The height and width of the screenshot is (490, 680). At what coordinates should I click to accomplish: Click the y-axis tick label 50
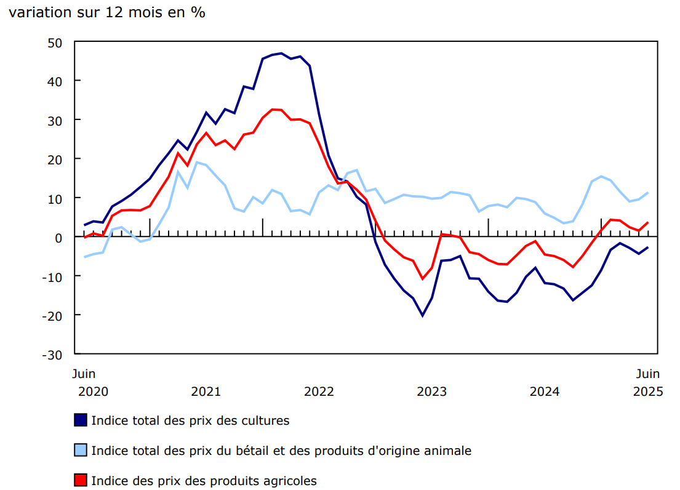pos(55,42)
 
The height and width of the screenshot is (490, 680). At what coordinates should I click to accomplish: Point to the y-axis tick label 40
pos(55,81)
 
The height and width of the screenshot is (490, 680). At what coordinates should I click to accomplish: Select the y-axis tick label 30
pos(55,120)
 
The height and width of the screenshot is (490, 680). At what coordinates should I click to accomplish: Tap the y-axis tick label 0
pos(59,237)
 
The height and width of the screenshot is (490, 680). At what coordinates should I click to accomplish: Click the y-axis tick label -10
pos(53,276)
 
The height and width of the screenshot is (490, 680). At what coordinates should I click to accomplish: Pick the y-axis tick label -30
pos(53,355)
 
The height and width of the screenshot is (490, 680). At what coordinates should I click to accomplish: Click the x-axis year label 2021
pos(206,392)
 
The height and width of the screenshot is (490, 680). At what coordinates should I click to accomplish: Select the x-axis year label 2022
pos(319,392)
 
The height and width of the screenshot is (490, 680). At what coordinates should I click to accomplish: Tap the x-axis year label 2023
pos(432,392)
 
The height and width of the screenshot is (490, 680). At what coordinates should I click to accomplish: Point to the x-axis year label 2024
pos(545,392)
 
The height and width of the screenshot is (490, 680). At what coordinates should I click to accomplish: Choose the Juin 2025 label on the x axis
pos(647,383)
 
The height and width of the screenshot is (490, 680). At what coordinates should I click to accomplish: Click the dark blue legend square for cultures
pos(80,420)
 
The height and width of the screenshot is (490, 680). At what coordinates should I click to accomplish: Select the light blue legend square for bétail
pos(80,451)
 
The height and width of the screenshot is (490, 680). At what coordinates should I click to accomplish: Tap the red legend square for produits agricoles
pos(80,480)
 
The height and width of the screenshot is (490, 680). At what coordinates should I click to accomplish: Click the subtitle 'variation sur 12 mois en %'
pos(106,13)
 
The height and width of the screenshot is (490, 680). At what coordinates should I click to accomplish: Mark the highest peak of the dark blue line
pos(281,54)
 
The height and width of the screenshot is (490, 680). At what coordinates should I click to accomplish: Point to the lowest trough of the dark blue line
pos(422,315)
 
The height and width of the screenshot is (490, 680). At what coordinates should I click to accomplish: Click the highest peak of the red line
pos(273,110)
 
